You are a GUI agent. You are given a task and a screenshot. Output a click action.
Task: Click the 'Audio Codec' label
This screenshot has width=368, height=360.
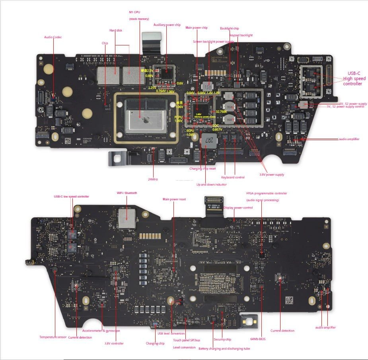(53, 37)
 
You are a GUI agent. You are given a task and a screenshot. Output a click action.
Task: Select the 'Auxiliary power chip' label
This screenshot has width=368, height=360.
(167, 25)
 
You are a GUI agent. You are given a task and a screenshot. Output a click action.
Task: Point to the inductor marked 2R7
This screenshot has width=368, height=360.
(207, 140)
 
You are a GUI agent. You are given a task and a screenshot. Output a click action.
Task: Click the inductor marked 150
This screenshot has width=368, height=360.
(207, 86)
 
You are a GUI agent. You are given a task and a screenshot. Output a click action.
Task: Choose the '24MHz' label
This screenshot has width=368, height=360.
(153, 179)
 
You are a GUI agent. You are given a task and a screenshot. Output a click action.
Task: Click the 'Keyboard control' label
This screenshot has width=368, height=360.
(233, 177)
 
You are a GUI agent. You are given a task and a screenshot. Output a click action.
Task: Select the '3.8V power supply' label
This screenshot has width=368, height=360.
(272, 174)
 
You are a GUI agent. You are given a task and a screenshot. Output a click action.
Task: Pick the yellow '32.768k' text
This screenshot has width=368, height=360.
(222, 112)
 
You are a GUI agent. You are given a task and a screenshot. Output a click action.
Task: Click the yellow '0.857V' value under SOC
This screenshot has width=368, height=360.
(217, 129)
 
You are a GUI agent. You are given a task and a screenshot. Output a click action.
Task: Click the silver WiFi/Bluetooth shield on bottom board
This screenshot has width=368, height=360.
(127, 218)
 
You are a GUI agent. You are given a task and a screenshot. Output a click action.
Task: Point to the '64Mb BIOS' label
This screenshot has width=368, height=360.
(258, 339)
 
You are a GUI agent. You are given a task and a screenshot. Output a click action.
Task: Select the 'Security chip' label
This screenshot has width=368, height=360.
(222, 339)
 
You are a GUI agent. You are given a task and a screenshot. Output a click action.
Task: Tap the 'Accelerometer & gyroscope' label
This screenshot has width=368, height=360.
(101, 331)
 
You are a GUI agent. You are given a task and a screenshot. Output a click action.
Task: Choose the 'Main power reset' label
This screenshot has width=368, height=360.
(174, 199)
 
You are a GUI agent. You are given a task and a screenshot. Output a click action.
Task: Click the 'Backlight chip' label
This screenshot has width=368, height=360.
(230, 28)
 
